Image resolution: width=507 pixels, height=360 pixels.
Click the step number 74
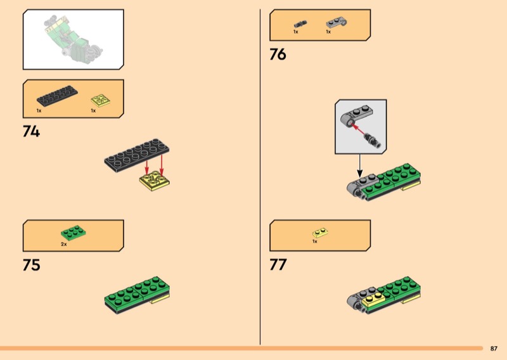pyautogui.click(x=31, y=132)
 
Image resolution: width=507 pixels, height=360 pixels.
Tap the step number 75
pyautogui.click(x=31, y=265)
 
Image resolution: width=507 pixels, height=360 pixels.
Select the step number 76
pyautogui.click(x=278, y=55)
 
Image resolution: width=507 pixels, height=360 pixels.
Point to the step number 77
pyautogui.click(x=278, y=264)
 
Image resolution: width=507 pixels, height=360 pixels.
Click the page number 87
pyautogui.click(x=494, y=349)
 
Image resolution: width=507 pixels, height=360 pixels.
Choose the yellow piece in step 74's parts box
pyautogui.click(x=101, y=100)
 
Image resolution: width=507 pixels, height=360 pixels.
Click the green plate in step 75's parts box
pyautogui.click(x=73, y=233)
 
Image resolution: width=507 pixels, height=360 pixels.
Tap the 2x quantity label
pyautogui.click(x=64, y=244)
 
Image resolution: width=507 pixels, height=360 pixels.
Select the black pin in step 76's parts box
pyautogui.click(x=300, y=24)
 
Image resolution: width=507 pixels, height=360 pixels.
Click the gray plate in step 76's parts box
pyautogui.click(x=337, y=23)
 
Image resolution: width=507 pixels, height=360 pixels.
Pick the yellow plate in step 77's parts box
pyautogui.click(x=320, y=233)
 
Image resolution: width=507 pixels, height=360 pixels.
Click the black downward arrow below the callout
pyautogui.click(x=359, y=165)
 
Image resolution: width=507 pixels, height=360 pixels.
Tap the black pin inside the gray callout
pyautogui.click(x=373, y=140)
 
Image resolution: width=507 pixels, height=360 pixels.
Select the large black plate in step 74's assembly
pyautogui.click(x=136, y=155)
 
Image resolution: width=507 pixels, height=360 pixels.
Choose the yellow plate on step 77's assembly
pyautogui.click(x=373, y=300)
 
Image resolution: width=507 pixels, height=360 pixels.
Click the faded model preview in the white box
pyautogui.click(x=74, y=37)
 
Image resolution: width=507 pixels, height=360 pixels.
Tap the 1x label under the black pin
pyautogui.click(x=295, y=32)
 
